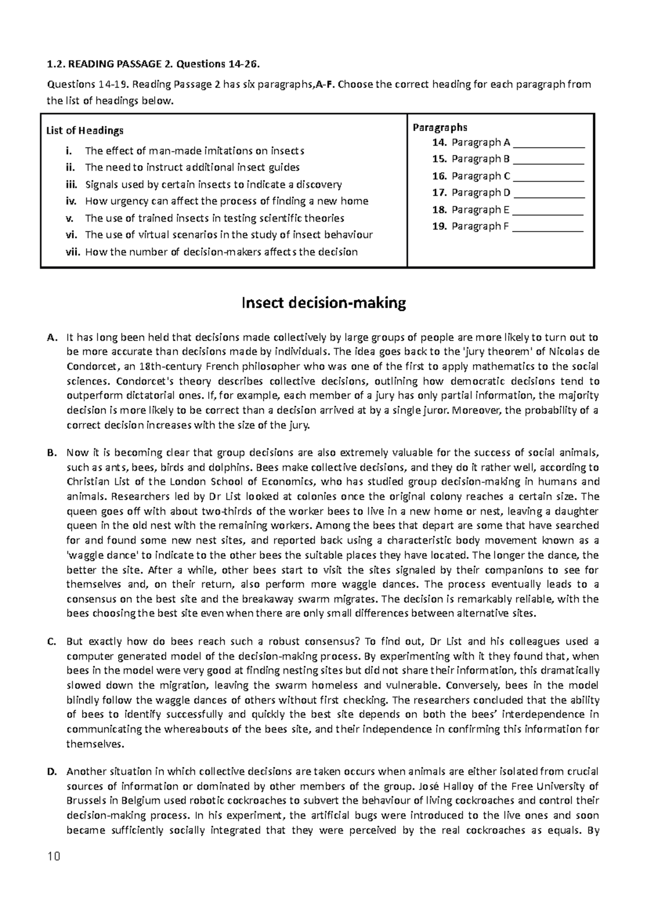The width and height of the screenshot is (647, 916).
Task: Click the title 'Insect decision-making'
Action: click(x=323, y=303)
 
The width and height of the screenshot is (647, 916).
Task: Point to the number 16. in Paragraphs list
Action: click(x=440, y=176)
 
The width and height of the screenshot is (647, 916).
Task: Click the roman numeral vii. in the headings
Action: click(x=72, y=252)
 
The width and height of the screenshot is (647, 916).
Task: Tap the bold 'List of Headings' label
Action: click(x=85, y=130)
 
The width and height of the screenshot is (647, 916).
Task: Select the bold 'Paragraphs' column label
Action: click(x=440, y=127)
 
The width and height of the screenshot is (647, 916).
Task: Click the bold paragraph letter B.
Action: click(x=51, y=453)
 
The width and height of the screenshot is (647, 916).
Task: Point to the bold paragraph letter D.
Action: click(x=51, y=772)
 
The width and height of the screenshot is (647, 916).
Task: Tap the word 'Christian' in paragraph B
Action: click(x=87, y=482)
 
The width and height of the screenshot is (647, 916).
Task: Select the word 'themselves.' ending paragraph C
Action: click(x=95, y=744)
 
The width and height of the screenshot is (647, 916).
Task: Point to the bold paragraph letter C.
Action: click(x=51, y=642)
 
